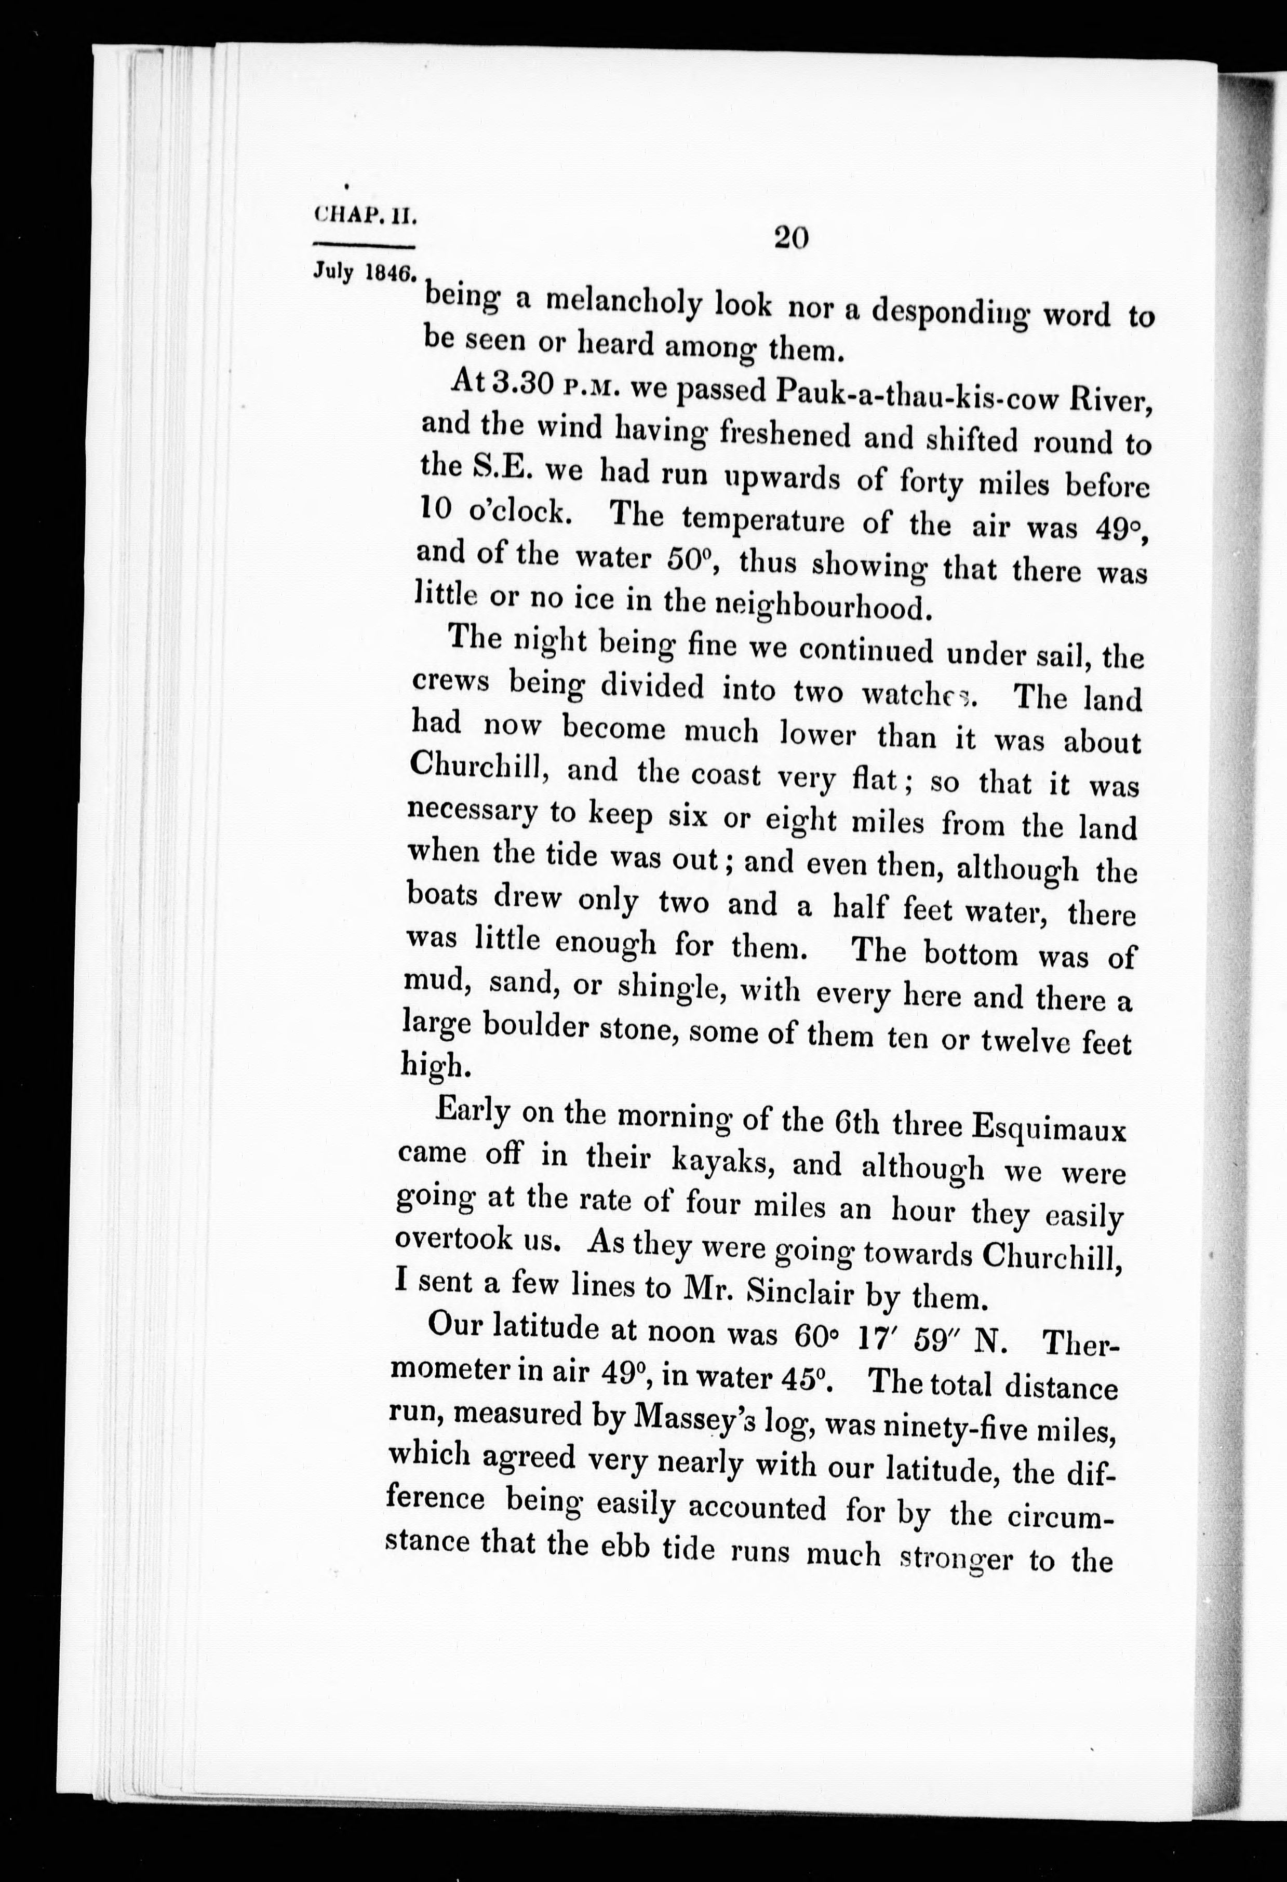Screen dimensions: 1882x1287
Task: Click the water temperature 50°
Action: click(692, 559)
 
